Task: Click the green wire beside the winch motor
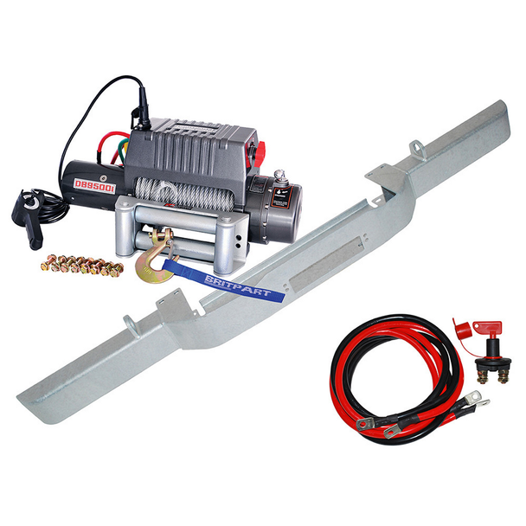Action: coord(108,152)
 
